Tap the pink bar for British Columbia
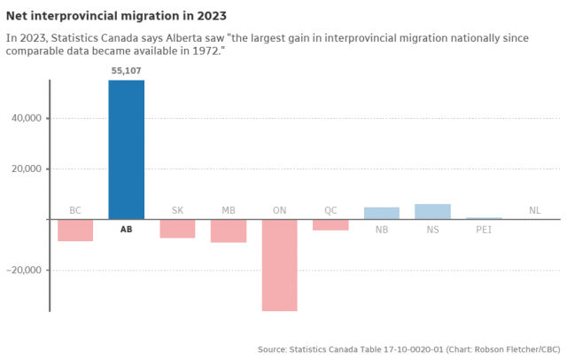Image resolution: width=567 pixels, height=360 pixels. click(x=75, y=230)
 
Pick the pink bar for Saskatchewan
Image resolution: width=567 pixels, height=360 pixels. click(x=177, y=228)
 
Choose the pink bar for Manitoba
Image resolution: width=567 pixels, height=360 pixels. click(x=229, y=231)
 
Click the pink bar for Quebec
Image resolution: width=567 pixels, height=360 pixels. click(x=330, y=224)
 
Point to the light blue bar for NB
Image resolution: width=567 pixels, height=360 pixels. click(x=382, y=213)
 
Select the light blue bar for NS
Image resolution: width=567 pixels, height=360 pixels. click(x=432, y=211)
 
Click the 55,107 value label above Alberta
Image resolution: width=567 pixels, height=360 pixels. click(x=126, y=71)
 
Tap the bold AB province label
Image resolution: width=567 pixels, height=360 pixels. click(x=127, y=230)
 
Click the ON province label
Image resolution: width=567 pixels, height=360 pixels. click(x=279, y=210)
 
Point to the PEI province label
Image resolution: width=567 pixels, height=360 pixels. click(x=484, y=230)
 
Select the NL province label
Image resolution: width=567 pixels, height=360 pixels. click(x=534, y=210)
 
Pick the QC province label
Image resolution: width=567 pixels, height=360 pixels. click(x=330, y=210)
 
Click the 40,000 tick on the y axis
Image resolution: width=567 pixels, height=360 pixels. click(x=26, y=118)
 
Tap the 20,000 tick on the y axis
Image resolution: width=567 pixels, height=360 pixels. click(x=26, y=168)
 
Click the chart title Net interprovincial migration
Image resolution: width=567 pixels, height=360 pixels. click(x=116, y=16)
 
